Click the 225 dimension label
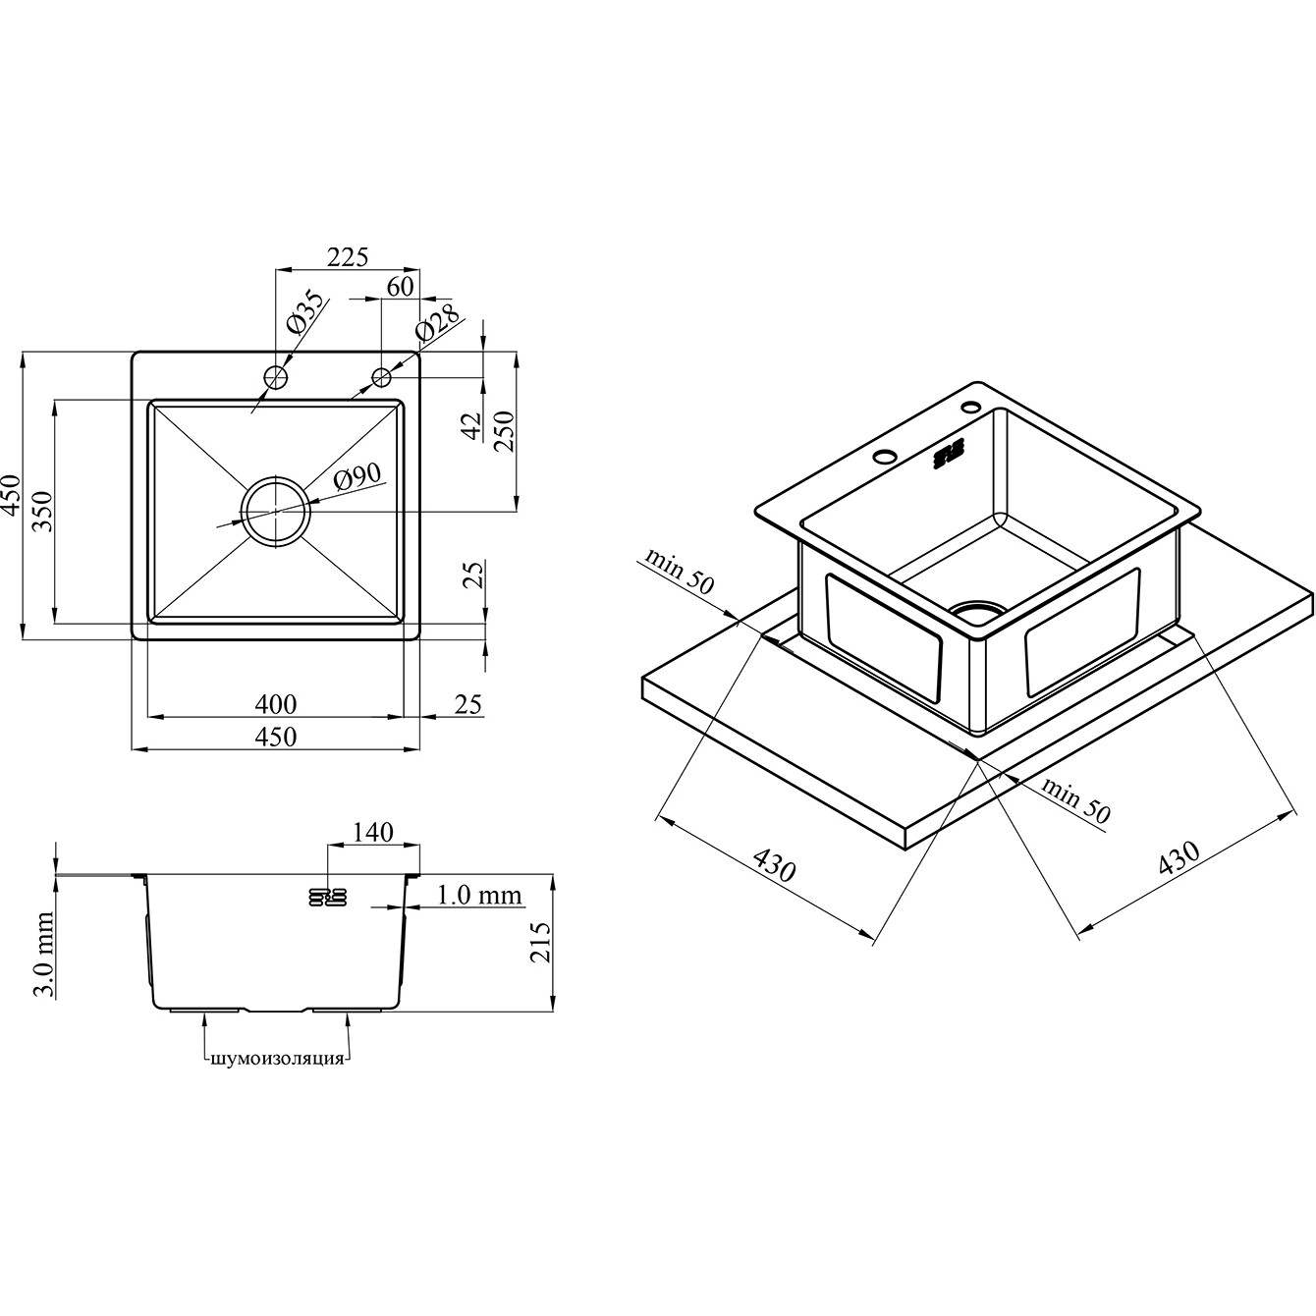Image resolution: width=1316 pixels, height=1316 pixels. click(348, 256)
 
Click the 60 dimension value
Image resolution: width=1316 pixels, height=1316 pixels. click(400, 287)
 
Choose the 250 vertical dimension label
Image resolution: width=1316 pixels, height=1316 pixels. click(504, 430)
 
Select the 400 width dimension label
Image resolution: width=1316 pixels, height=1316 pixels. click(276, 703)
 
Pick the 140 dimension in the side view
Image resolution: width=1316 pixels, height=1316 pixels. click(373, 832)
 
